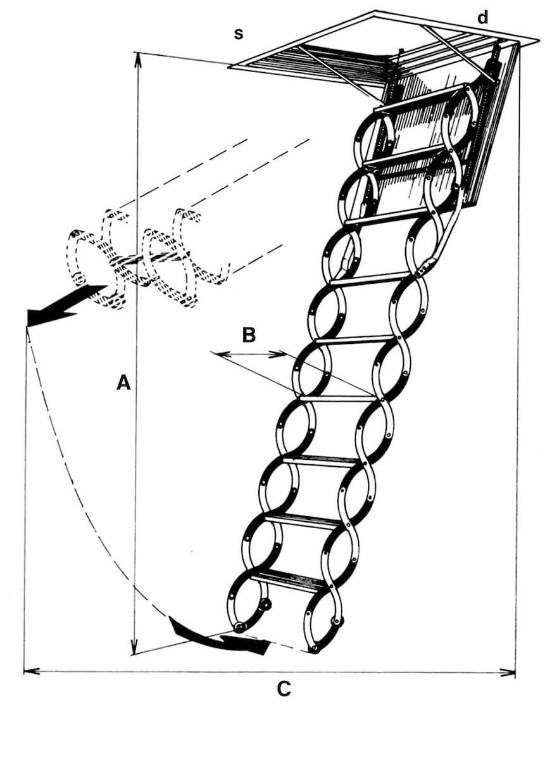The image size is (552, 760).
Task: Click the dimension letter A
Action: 123,382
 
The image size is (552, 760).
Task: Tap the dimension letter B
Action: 249,334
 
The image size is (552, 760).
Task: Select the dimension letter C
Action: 284,688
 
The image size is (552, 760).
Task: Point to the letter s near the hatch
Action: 239,34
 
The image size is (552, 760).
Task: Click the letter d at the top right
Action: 483,18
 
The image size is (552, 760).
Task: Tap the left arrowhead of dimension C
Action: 29,670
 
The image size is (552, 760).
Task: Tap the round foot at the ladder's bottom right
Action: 315,649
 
